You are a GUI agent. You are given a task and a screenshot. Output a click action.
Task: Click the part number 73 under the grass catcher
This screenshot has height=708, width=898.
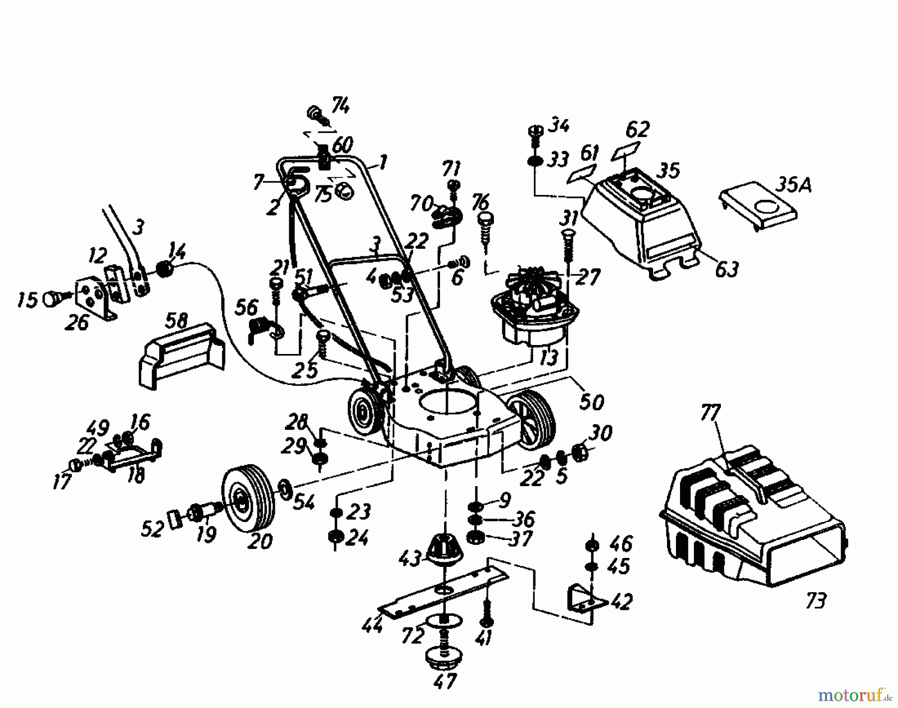click(x=815, y=600)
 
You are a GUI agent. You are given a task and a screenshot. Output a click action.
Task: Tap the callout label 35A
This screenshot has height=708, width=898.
click(x=793, y=186)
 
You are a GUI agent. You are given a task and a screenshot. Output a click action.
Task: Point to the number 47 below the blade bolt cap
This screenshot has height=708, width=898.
click(x=445, y=681)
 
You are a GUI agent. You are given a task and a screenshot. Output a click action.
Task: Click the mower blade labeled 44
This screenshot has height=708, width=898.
click(x=444, y=593)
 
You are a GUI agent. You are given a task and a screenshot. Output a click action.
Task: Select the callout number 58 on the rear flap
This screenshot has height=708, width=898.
click(x=176, y=322)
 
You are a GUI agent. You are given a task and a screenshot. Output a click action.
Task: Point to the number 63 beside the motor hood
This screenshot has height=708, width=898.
click(x=726, y=270)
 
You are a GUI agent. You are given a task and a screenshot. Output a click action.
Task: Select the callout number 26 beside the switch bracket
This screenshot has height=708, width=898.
click(x=76, y=323)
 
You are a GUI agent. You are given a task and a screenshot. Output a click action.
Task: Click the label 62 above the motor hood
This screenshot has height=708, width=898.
click(x=637, y=130)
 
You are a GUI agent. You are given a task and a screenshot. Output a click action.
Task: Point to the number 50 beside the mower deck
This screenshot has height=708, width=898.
click(x=592, y=401)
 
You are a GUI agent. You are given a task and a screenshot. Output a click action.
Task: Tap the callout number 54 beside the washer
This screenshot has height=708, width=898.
click(x=303, y=503)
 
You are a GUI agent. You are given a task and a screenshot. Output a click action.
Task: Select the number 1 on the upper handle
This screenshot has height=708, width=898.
click(x=383, y=162)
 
